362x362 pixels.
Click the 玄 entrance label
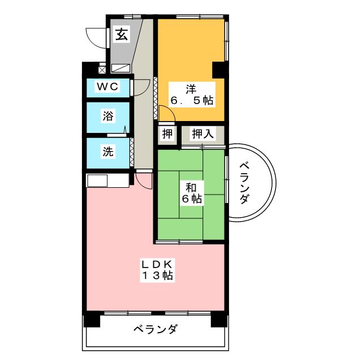tap(121, 35)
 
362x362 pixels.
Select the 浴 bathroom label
tap(107, 117)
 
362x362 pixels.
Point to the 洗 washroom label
tap(107, 152)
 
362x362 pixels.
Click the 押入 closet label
tap(202, 134)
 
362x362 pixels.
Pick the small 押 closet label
tap(167, 134)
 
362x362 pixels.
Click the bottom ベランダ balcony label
tap(156, 329)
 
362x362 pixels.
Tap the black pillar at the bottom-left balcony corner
tap(91, 320)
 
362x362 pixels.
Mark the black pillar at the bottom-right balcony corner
tap(218, 320)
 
